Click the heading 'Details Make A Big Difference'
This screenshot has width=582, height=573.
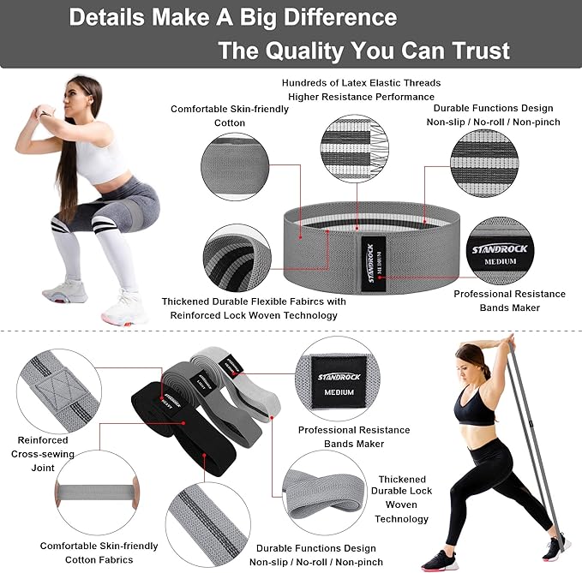(232, 17)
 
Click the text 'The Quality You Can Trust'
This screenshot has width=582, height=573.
(363, 50)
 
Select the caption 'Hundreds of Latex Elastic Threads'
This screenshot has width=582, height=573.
(362, 83)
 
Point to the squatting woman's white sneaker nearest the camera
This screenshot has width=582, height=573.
(121, 309)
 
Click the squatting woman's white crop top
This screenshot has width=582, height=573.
(101, 158)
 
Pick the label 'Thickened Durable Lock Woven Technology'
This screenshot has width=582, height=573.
(401, 499)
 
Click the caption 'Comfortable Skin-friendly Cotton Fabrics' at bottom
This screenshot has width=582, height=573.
(99, 552)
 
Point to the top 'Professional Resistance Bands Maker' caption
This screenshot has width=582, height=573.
(509, 301)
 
